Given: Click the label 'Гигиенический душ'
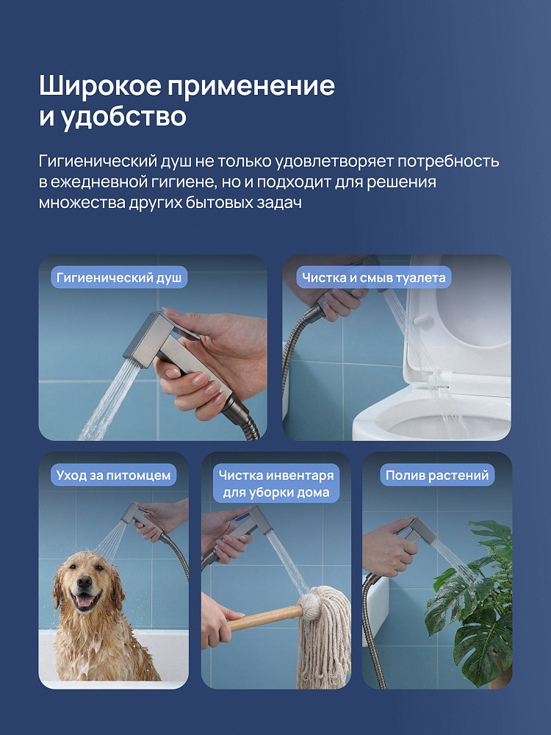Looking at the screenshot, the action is click(x=119, y=278).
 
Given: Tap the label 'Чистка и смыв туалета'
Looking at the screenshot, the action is click(x=373, y=278).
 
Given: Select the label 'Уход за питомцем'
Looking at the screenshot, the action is click(x=113, y=476).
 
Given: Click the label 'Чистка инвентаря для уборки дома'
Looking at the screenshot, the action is click(x=276, y=484).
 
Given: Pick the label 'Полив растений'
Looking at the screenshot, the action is click(x=437, y=476).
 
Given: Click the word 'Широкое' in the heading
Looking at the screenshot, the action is click(x=99, y=85).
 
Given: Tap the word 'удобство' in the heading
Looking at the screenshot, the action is click(x=123, y=116).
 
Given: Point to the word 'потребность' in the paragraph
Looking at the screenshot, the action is click(x=448, y=162).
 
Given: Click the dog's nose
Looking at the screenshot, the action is click(x=84, y=583).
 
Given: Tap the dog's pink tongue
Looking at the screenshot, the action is click(x=85, y=601).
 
